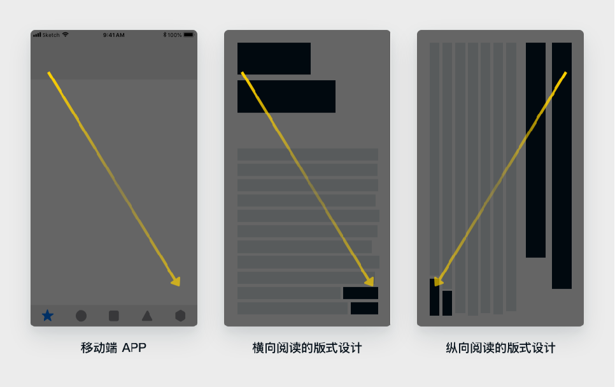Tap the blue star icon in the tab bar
[x=48, y=315]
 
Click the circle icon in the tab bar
[x=81, y=316]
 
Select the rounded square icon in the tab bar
[x=114, y=316]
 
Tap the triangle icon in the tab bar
[x=147, y=316]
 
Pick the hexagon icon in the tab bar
[x=180, y=316]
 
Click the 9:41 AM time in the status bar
[x=114, y=35]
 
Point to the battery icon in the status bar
[x=189, y=34]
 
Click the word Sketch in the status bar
[x=51, y=35]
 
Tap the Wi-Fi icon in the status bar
[x=66, y=34]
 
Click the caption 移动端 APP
[x=113, y=348]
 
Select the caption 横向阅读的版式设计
[x=307, y=348]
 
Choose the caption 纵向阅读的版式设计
[x=500, y=348]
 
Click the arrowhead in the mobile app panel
[x=176, y=281]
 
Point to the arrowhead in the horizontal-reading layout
[x=369, y=281]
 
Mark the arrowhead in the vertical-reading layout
[x=439, y=281]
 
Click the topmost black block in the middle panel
[x=274, y=59]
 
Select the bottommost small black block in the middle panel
[x=364, y=308]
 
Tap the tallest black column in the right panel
[x=562, y=166]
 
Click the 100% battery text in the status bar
[x=174, y=35]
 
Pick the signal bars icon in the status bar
[x=38, y=35]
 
